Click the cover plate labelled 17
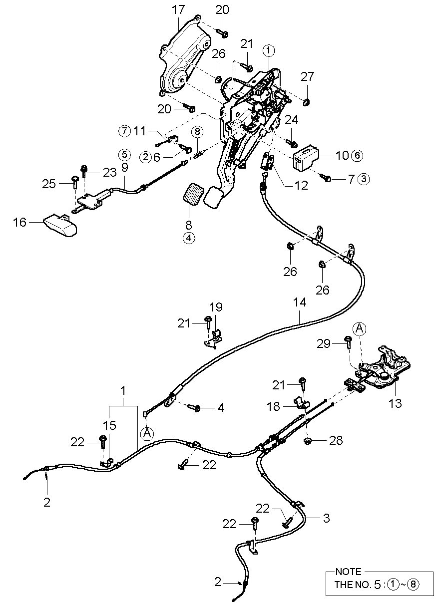tap(182, 60)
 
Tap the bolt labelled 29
tap(348, 341)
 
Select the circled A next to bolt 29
tap(359, 328)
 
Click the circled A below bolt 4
tap(146, 433)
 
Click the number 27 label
tap(308, 76)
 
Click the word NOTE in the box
tap(348, 572)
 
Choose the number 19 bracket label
tap(216, 306)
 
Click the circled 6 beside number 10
tap(357, 155)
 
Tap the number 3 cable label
tap(326, 518)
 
